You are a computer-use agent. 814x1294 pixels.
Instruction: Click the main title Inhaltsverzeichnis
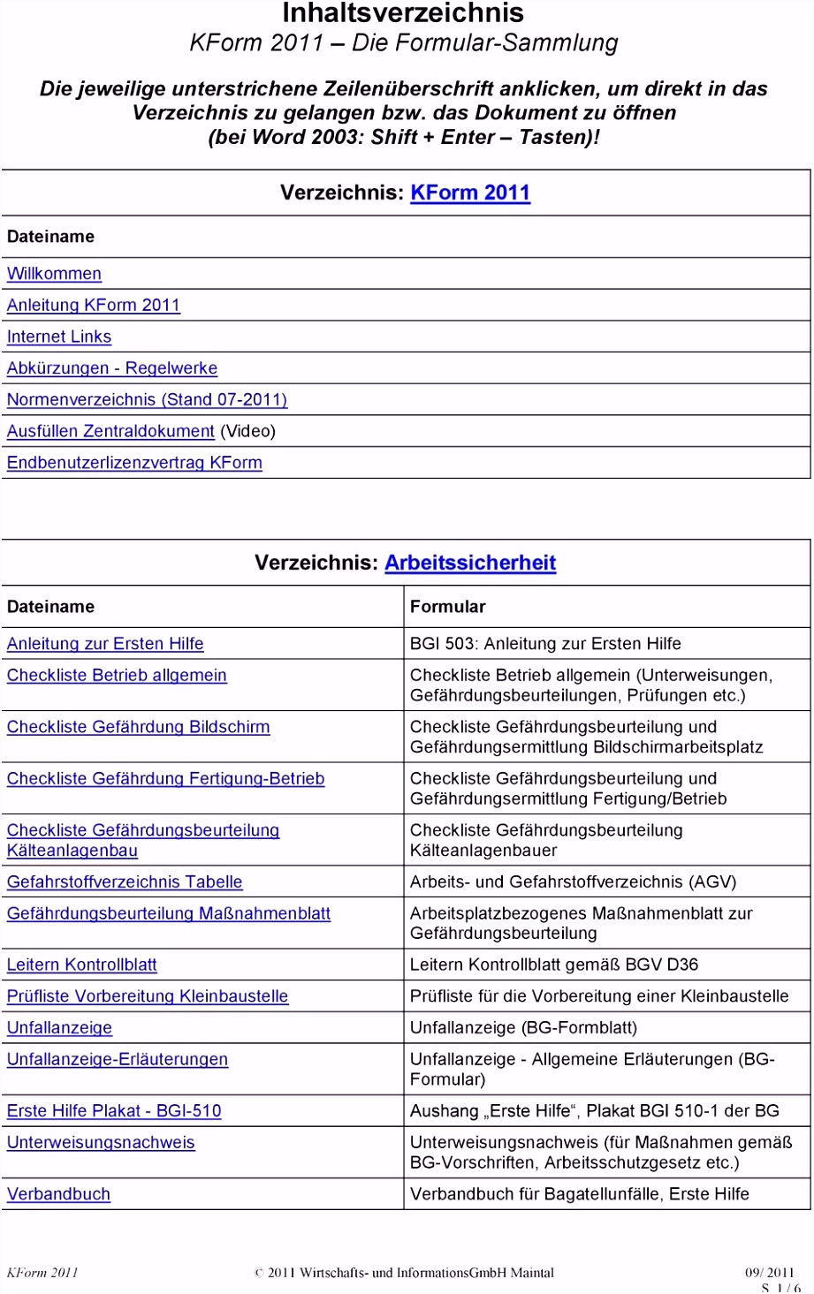click(x=403, y=13)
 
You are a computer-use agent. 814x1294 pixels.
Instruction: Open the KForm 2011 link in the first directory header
click(x=470, y=193)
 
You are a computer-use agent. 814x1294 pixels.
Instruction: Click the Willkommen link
click(x=54, y=274)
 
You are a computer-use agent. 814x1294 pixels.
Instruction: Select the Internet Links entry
click(x=59, y=337)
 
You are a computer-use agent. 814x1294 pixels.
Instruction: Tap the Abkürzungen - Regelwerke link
click(x=112, y=368)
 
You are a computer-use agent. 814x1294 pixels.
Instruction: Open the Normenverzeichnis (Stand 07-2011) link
click(x=147, y=399)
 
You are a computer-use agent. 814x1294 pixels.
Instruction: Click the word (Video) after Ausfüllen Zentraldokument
click(x=248, y=431)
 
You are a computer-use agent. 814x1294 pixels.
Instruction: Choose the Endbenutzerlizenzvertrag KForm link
click(x=134, y=463)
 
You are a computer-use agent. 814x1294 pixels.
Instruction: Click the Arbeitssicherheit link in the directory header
click(x=470, y=563)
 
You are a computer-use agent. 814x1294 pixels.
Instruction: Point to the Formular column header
click(x=448, y=607)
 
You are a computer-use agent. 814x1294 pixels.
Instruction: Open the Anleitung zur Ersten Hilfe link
click(x=105, y=644)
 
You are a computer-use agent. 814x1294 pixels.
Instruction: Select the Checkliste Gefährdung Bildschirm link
click(x=138, y=727)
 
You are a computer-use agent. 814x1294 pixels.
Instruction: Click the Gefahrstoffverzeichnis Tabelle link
click(x=125, y=882)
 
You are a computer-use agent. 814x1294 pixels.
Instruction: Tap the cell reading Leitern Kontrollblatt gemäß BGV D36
click(x=554, y=965)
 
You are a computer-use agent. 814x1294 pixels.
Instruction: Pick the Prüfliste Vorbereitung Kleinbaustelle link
click(x=148, y=996)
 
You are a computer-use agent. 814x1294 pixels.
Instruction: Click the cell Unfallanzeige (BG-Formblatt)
click(x=523, y=1027)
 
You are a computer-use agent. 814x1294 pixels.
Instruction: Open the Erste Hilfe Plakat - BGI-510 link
click(x=114, y=1111)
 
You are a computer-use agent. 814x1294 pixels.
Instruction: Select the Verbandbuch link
click(x=58, y=1194)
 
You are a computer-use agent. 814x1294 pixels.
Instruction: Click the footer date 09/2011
click(x=769, y=1273)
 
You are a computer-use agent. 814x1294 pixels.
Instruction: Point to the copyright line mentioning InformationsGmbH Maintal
click(x=404, y=1273)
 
